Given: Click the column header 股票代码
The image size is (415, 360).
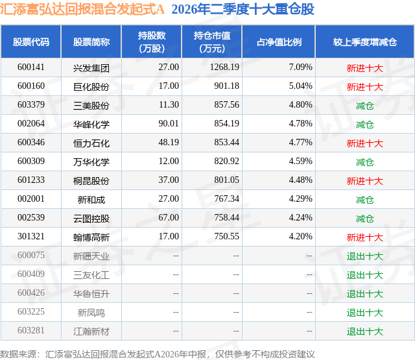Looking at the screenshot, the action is pos(31,42).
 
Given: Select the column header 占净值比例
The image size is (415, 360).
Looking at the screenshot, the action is pos(279,42).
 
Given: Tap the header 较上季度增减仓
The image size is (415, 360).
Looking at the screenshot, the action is pos(365,42).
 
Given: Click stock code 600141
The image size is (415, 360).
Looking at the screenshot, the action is pos(31,67).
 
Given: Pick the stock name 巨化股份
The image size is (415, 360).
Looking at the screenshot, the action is pos(91,86).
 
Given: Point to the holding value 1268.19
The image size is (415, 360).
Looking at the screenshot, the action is pos(224,67).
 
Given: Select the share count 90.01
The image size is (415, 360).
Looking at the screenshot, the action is pos(169,124).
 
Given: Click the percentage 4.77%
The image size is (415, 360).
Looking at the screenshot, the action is pos(301,143).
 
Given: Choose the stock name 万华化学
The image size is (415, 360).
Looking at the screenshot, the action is pos(91,162).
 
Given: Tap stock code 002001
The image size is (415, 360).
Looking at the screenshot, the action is pos(31,198).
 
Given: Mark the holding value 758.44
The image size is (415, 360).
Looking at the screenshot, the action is pos(226,217).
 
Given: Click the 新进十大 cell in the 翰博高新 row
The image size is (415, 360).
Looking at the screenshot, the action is pos(365,237).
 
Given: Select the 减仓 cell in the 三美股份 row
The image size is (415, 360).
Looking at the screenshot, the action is pos(365,105).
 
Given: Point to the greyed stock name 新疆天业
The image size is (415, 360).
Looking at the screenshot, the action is pos(91,256).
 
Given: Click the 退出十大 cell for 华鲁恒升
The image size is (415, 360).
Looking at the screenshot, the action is pos(365,293).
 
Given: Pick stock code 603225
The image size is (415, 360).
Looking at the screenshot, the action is pos(31,311).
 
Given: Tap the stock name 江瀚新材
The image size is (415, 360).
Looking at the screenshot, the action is pos(91,331).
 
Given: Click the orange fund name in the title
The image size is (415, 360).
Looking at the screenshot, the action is pos(82,9).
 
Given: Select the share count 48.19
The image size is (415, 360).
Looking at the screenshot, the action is pos(169,143).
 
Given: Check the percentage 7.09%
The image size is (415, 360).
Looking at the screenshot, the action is pos(301,67).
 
